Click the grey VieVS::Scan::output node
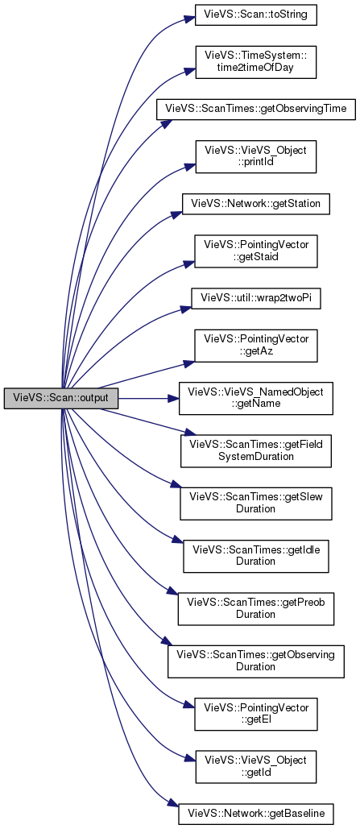60,398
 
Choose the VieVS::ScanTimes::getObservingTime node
256,110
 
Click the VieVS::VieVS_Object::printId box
256,156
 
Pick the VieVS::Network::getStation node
256,204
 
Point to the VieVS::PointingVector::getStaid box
256,251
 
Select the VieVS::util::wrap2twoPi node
256,298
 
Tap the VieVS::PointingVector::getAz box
256,346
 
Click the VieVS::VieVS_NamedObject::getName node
256,398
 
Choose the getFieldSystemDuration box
256,450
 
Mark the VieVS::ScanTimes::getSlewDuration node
256,503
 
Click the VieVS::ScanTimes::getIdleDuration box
256,555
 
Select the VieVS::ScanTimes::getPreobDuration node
256,608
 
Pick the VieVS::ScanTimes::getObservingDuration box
256,661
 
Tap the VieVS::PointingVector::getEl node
256,714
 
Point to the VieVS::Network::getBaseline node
256,814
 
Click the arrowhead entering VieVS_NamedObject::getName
173,398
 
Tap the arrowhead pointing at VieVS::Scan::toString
189,19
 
